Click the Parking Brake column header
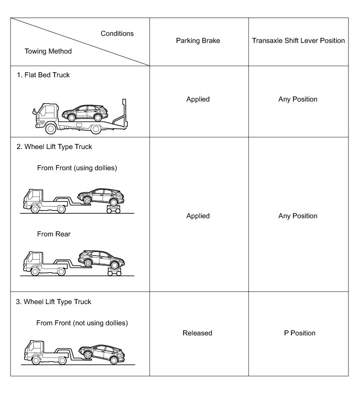point(198,40)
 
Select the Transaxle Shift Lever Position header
point(298,40)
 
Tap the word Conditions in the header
point(117,33)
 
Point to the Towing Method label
point(48,51)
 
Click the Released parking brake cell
point(198,333)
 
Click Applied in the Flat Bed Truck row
point(198,99)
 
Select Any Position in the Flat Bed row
point(298,99)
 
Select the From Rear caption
point(54,234)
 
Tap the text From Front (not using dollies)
point(82,323)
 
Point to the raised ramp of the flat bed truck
point(120,113)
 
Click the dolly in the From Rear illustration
point(115,271)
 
